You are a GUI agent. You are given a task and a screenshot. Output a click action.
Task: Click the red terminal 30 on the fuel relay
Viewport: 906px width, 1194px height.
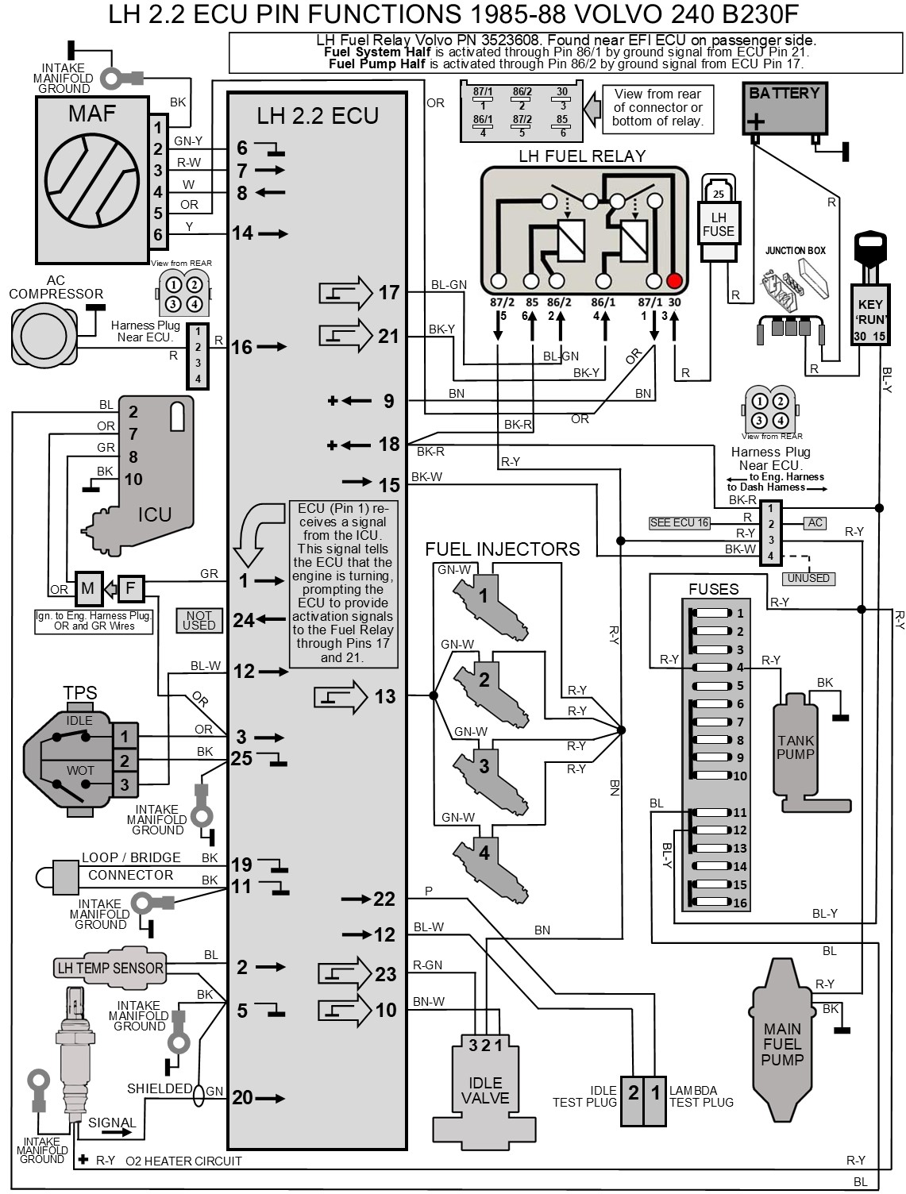click(x=674, y=281)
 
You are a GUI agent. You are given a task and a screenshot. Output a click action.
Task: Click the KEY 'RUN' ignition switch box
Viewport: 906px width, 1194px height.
click(x=869, y=315)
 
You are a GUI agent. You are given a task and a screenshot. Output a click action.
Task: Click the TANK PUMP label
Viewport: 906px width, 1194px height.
click(x=796, y=747)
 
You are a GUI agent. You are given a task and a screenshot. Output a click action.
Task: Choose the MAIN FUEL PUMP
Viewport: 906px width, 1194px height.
click(x=782, y=1043)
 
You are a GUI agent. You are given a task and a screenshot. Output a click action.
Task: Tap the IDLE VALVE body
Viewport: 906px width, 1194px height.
click(x=484, y=1091)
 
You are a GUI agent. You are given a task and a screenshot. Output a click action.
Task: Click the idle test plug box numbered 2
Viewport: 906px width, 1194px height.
click(x=633, y=1093)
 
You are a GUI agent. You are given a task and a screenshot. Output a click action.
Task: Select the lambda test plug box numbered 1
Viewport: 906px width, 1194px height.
click(x=655, y=1093)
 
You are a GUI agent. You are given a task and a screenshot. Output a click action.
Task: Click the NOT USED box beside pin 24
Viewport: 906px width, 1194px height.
click(x=199, y=620)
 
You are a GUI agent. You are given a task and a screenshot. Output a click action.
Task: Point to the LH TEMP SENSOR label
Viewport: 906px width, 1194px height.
click(x=110, y=968)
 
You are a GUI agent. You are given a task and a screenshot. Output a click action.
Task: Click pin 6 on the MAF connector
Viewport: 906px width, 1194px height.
click(x=158, y=234)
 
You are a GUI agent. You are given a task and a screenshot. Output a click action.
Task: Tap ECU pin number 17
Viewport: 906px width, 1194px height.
click(x=388, y=293)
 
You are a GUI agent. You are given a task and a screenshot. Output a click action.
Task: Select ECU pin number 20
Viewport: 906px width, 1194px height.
click(x=242, y=1098)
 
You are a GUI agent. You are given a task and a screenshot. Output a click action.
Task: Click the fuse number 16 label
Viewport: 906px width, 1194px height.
click(x=740, y=903)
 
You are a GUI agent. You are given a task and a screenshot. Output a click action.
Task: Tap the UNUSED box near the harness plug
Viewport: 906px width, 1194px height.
click(x=808, y=578)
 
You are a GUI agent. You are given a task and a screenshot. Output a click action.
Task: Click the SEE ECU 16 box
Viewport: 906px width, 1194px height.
click(x=679, y=522)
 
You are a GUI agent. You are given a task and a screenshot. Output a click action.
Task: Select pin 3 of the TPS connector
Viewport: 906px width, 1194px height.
click(x=124, y=784)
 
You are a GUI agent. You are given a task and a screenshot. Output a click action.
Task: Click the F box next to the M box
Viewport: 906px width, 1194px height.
click(x=131, y=588)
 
